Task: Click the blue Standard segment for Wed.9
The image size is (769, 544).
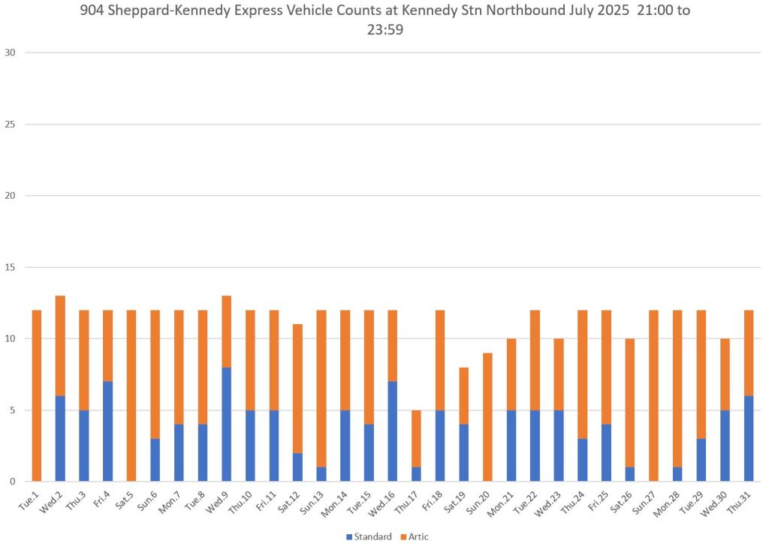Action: coord(227,424)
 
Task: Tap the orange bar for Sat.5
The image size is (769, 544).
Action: coord(131,395)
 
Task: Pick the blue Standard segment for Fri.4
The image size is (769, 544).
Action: coord(108,431)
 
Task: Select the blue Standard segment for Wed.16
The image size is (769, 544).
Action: coord(393,431)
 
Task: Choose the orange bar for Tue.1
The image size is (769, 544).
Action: coord(37,395)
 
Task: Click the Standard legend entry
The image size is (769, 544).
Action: coord(369,536)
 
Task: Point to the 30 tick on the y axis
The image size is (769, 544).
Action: coord(10,53)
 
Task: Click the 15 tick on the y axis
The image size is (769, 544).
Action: coord(10,267)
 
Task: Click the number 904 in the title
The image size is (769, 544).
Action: coord(92,14)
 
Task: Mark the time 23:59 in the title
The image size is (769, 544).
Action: coord(384,32)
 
